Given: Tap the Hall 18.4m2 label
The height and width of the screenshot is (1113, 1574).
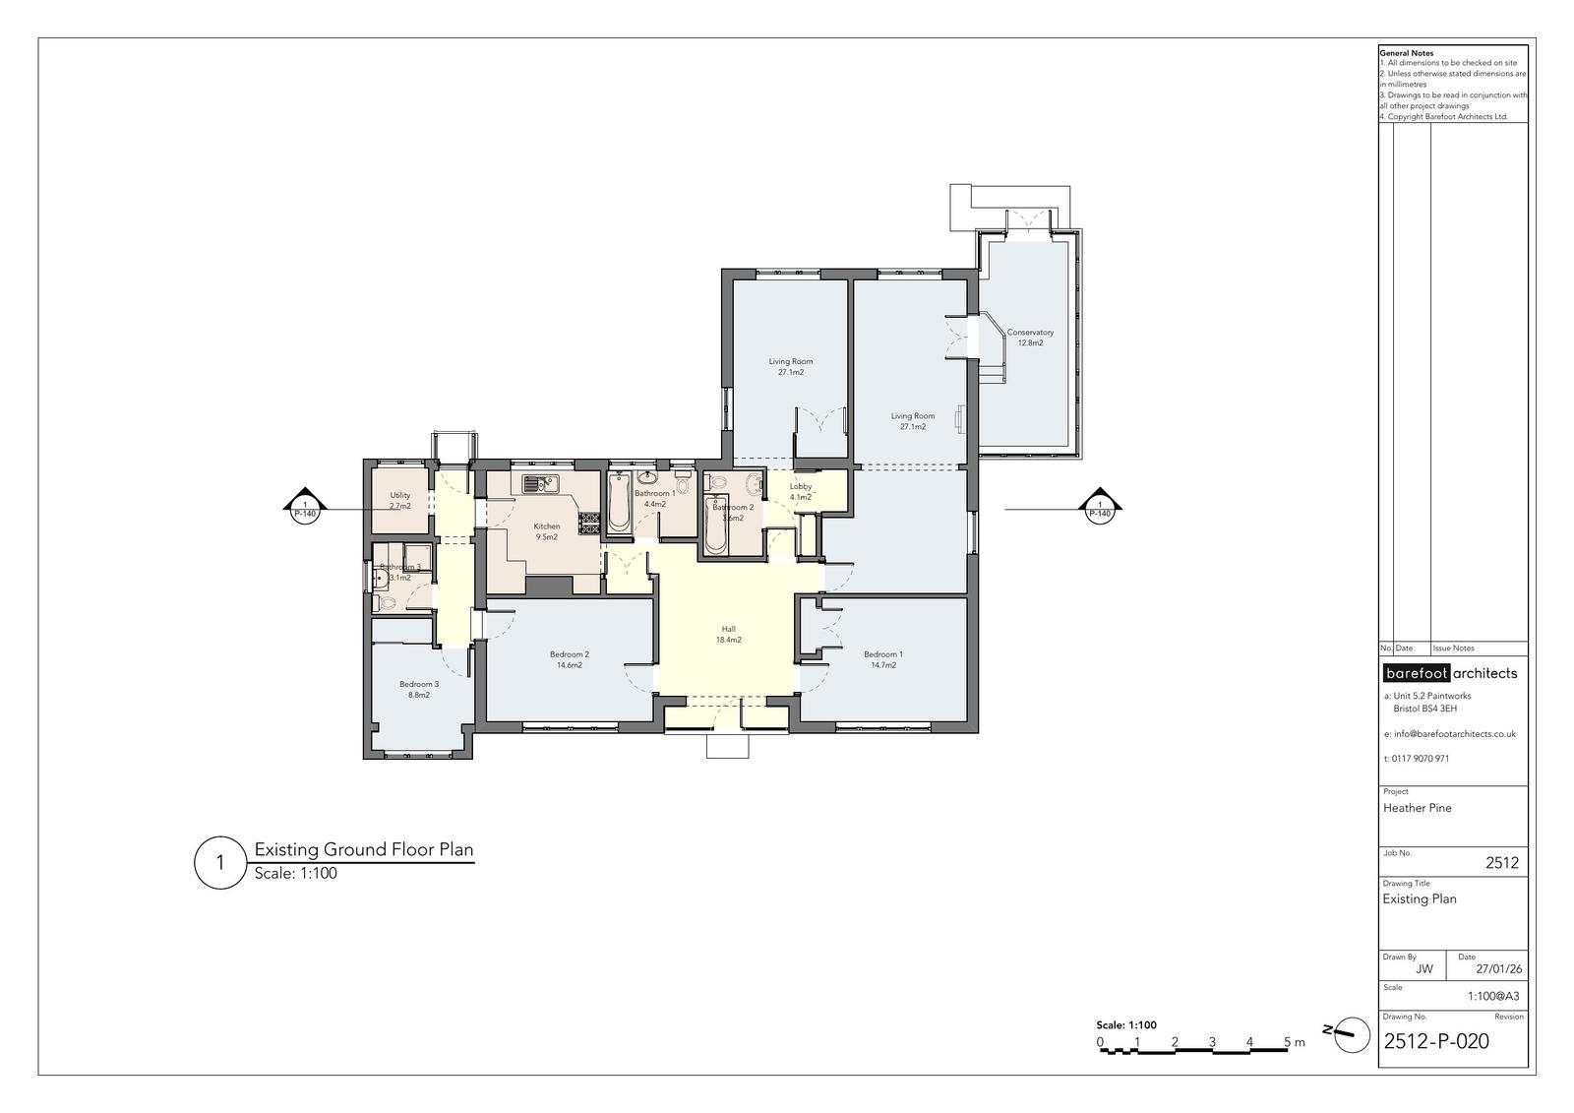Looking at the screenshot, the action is coord(729,634).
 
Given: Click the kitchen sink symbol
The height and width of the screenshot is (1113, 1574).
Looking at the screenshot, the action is coord(540,484).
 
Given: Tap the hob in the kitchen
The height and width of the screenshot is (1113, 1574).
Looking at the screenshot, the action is coord(589,523).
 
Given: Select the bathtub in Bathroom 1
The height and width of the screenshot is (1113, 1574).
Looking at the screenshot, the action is coord(620,504).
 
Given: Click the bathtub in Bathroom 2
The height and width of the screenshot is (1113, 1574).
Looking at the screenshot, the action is coord(715,525).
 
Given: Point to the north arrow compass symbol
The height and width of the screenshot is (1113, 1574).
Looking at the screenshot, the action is coord(1351,1034).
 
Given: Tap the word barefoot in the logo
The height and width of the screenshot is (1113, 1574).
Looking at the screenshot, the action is coord(1416,673).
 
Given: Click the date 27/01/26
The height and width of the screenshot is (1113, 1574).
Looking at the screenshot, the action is coord(1499,969).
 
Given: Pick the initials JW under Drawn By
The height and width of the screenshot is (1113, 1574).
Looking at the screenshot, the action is coord(1424,969).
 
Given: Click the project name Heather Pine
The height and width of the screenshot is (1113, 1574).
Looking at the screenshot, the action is coord(1418,808).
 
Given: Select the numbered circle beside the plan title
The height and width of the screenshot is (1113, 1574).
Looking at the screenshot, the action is coord(220,862).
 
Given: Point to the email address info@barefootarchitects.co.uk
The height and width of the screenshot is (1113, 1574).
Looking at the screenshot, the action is coord(1450,734).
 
